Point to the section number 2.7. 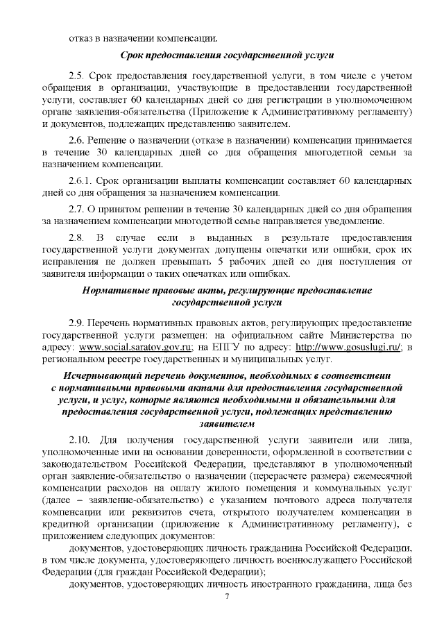pos(77,209)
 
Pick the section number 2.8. pos(77,239)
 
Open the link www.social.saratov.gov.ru pos(135,347)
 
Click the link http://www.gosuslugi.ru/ pos(349,347)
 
